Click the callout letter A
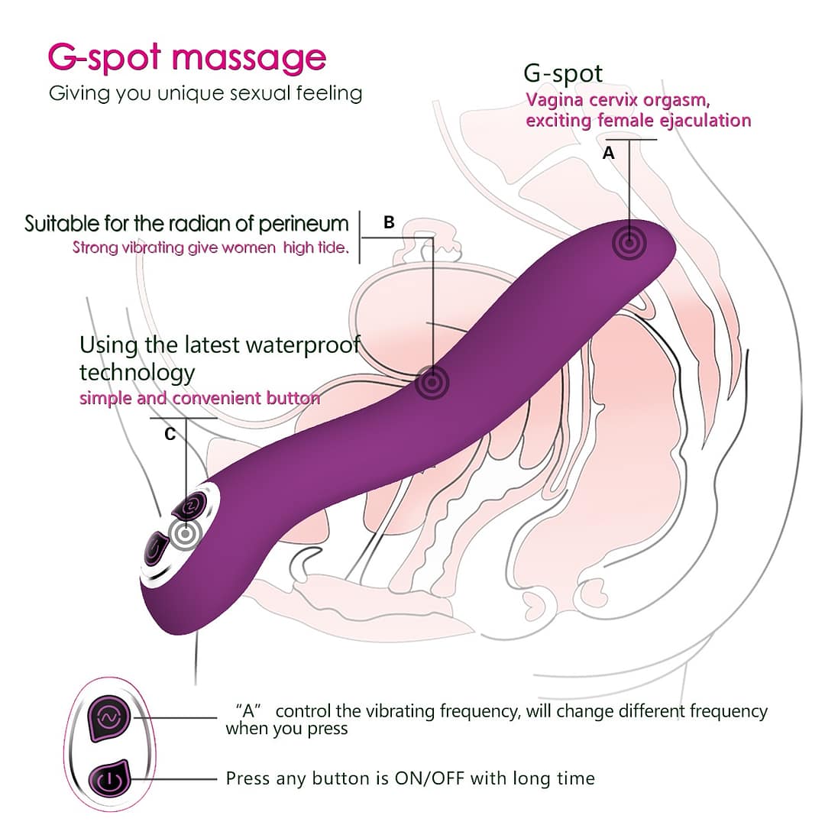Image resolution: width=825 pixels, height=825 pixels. click(608, 154)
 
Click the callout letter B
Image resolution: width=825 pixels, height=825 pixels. click(389, 222)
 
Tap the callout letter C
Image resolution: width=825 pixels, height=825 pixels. click(170, 434)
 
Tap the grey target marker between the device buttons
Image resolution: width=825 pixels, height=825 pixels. click(184, 534)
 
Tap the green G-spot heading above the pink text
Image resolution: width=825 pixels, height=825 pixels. click(563, 73)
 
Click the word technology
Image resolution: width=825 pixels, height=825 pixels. click(137, 373)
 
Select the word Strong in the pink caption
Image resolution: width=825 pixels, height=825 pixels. click(95, 247)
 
